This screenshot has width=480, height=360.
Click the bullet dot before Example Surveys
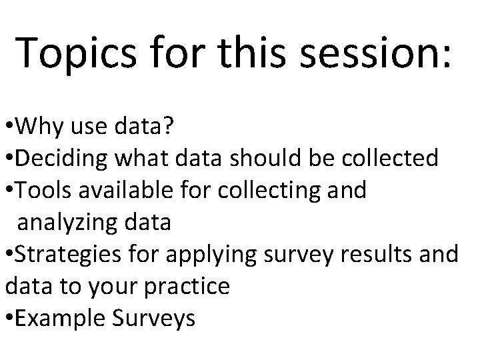click(x=7, y=319)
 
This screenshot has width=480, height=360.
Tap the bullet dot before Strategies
click(x=7, y=255)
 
